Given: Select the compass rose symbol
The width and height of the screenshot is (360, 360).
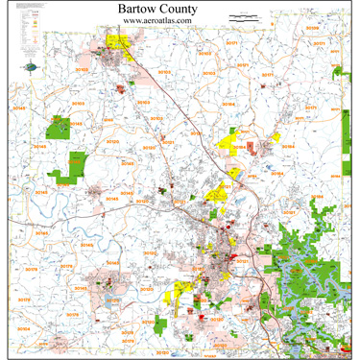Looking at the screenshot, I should point(35,67).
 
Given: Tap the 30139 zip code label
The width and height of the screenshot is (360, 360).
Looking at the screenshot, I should point(313,29).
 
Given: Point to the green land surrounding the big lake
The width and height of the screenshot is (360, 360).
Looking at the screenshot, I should point(288,240).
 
